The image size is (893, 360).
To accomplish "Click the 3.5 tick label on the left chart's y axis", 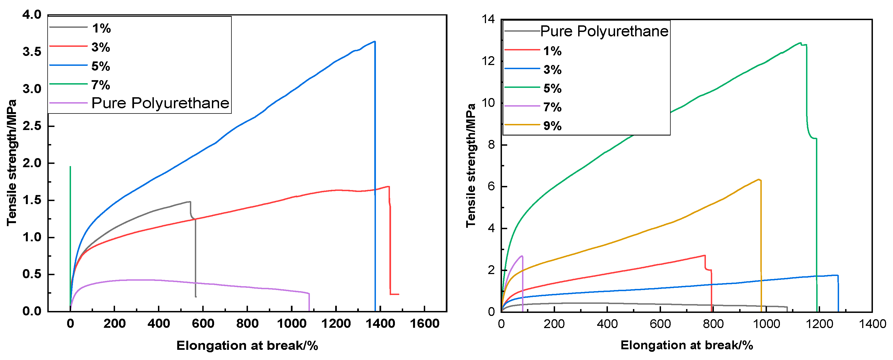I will (32, 52).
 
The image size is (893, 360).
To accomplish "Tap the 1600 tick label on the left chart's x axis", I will (425, 324).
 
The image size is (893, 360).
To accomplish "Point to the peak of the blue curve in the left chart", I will (374, 42).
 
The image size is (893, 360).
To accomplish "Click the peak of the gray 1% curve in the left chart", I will (190, 202).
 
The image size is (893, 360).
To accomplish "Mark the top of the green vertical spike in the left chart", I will (70, 167).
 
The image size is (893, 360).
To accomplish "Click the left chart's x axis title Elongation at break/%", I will (247, 345).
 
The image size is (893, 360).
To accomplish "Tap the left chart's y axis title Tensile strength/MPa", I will (12, 163).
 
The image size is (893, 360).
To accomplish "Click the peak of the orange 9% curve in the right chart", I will (759, 179).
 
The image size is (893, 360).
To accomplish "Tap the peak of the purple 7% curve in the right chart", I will (522, 256).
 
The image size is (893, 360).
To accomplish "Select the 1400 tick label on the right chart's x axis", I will (872, 324).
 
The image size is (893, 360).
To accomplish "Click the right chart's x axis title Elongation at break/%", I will (686, 345).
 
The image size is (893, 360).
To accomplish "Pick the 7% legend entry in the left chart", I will (100, 85).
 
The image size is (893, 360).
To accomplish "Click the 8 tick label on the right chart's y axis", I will (491, 145).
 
